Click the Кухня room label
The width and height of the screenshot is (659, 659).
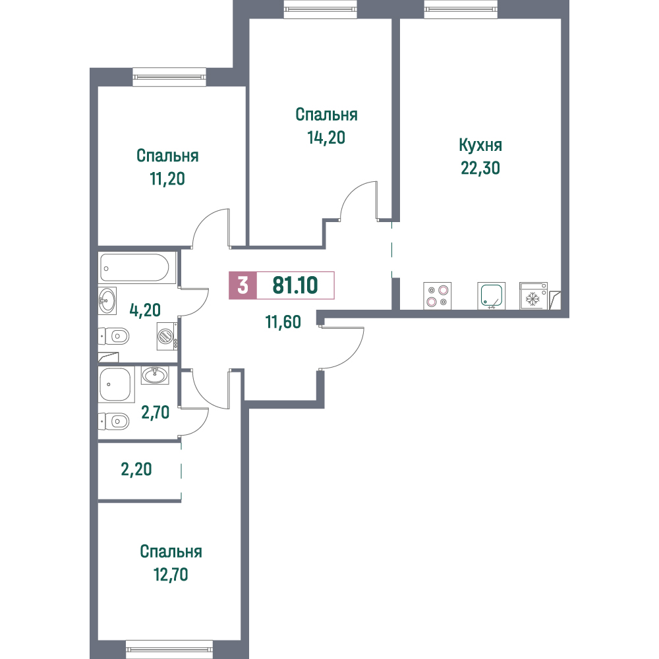480,146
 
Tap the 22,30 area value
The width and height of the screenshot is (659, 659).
480,168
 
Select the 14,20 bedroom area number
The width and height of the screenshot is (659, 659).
327,138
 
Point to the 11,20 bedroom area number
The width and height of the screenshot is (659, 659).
167,179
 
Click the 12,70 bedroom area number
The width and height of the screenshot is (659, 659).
171,575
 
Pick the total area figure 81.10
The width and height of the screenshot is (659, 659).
295,285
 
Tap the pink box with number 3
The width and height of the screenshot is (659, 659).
243,285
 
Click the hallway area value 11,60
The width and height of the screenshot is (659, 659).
283,322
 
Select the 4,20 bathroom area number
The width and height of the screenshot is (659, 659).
145,310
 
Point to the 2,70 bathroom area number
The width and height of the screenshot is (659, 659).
155,413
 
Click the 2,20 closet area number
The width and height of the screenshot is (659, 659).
136,469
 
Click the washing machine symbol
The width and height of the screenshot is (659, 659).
167,336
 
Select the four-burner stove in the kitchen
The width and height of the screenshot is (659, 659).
437,296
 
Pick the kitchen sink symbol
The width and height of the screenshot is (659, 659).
492,296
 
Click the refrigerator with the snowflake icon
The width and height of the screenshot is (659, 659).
533,296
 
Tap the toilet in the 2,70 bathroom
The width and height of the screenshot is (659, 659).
114,421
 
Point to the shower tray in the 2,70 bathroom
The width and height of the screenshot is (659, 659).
116,385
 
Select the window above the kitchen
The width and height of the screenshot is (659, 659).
461,9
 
